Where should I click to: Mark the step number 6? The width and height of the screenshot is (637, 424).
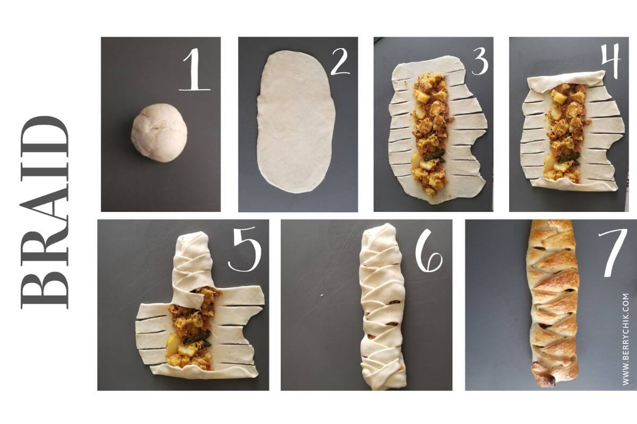pyautogui.click(x=428, y=253)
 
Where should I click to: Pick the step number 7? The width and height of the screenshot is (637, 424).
pyautogui.click(x=609, y=253)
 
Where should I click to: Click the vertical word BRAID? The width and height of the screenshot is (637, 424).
pyautogui.click(x=45, y=212)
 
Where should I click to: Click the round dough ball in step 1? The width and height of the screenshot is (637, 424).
pyautogui.click(x=159, y=132)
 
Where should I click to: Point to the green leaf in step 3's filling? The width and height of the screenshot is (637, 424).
pyautogui.click(x=435, y=155)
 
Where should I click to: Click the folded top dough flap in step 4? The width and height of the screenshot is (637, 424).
pyautogui.click(x=566, y=80)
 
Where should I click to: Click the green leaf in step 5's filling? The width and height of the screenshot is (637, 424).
pyautogui.click(x=201, y=337)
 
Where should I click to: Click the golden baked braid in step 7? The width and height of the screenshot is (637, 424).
pyautogui.click(x=553, y=297)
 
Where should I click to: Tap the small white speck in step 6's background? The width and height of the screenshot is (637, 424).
pyautogui.click(x=321, y=295)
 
